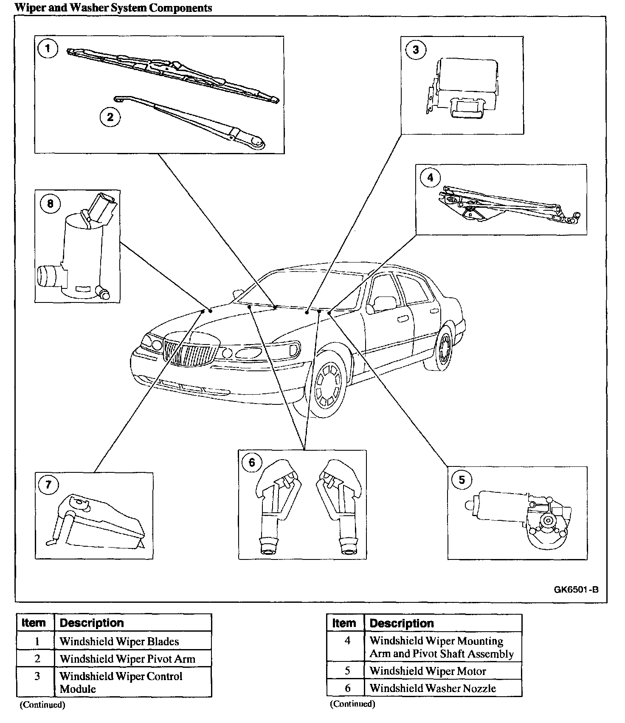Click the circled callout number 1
coord(48,48)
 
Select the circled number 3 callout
coord(415,50)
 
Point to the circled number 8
coord(50,204)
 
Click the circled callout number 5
coord(462,480)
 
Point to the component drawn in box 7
coord(98,525)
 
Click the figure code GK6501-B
coord(576,590)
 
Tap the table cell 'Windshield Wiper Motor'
coord(428,671)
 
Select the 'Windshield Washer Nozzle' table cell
coord(432,688)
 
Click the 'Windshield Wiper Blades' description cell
coord(119,641)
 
